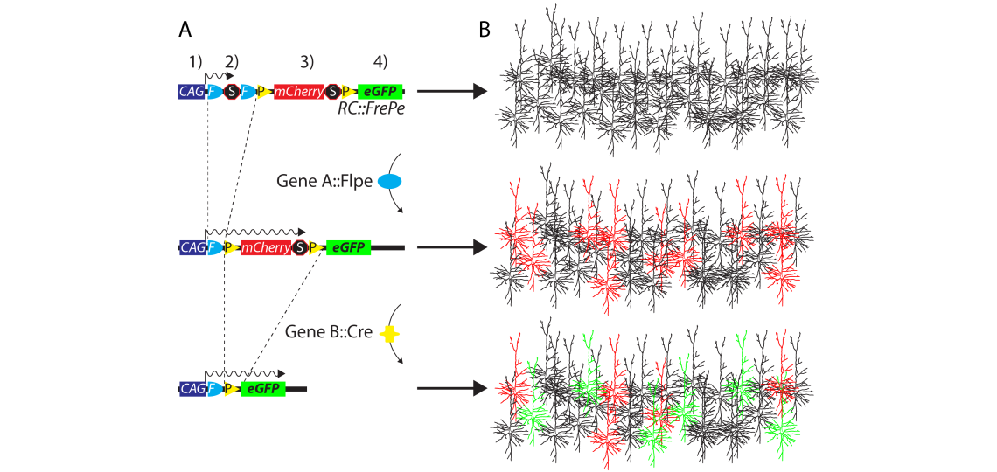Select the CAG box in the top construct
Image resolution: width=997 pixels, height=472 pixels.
point(190,91)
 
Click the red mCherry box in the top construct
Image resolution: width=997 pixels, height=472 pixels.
point(299,91)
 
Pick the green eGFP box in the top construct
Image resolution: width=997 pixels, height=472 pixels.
point(380,91)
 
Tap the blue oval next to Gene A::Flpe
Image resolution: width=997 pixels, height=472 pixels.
point(389,182)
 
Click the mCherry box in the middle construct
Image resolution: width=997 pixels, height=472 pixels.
point(266,248)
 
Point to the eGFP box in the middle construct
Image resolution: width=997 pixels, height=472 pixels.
point(348,248)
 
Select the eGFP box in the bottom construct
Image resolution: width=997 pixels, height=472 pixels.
point(263,389)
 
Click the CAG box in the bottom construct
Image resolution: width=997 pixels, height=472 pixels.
point(190,389)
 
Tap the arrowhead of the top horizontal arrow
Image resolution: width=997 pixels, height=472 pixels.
point(478,91)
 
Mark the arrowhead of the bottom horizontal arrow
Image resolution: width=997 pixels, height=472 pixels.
point(478,389)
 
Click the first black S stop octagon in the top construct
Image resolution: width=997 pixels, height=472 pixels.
point(231,91)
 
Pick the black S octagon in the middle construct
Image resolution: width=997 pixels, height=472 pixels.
point(300,248)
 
